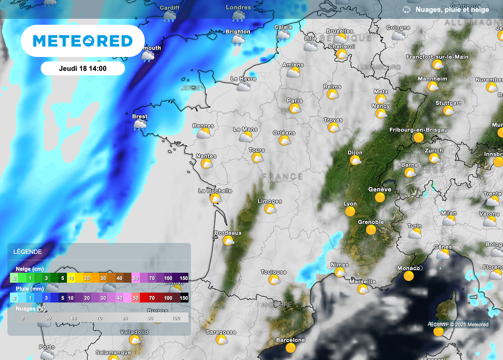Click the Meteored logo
click(x=83, y=41)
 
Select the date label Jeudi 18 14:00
click(x=83, y=69)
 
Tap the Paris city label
click(x=295, y=101)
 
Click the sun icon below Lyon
click(x=350, y=212)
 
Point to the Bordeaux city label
click(x=228, y=233)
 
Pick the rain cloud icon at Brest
click(x=140, y=125)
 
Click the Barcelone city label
click(x=290, y=340)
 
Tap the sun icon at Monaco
click(x=409, y=276)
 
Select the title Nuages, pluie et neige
click(x=452, y=9)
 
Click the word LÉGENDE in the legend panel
click(x=28, y=251)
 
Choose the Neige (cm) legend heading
click(x=30, y=269)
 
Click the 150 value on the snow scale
click(x=184, y=278)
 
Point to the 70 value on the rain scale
click(x=152, y=298)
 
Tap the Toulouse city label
click(x=274, y=272)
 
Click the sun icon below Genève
click(x=380, y=197)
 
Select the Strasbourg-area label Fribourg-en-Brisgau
click(x=418, y=130)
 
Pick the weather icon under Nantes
click(x=206, y=164)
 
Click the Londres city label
click(x=238, y=7)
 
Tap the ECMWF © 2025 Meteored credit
click(x=458, y=325)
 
